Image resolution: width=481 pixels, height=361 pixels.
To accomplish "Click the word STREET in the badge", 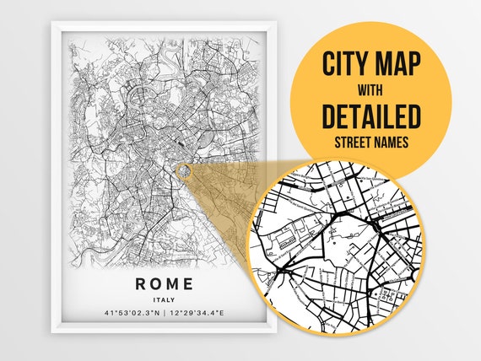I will pos(348,142).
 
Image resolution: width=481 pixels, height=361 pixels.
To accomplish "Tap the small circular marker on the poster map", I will pos(183,171).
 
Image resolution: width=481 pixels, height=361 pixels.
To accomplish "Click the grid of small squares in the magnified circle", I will pos(388,295).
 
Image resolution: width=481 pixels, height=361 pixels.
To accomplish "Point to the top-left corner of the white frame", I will pos(52,24).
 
